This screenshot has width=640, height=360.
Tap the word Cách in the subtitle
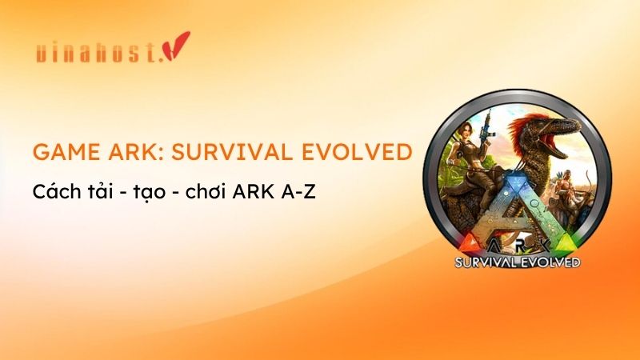coord(54,193)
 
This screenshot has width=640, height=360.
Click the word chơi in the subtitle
coord(204,193)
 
